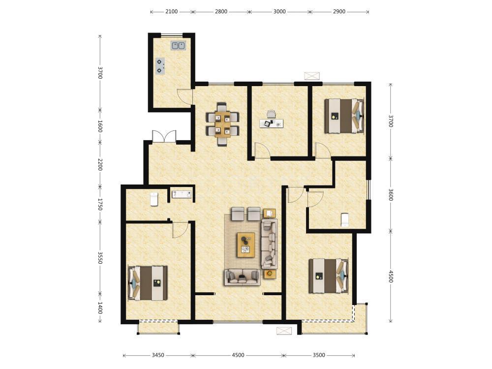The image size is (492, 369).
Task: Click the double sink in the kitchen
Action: tap(178, 45)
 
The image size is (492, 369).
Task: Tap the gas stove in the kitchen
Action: tap(160, 65)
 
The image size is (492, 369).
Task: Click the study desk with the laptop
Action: tap(272, 123)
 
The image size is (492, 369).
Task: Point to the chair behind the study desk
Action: tap(271, 114)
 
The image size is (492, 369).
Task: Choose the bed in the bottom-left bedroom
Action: tap(148, 283)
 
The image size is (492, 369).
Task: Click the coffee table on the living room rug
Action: tap(246, 245)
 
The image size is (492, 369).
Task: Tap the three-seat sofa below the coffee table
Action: tap(242, 277)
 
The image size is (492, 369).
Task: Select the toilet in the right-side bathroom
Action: tap(345, 219)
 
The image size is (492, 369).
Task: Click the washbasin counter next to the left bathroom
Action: tap(182, 194)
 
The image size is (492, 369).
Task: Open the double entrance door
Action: tap(164, 136)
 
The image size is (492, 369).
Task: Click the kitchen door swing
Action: tap(184, 96)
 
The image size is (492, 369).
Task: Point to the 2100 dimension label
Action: tap(171, 12)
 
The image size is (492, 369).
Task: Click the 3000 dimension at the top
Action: tap(279, 12)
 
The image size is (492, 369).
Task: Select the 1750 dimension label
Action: tap(100, 204)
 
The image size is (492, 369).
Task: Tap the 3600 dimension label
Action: tap(390, 194)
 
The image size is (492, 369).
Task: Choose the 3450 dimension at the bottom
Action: tap(158, 355)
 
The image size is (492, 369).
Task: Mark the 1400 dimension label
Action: tap(100, 308)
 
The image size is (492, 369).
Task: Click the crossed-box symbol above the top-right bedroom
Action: tap(312, 76)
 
